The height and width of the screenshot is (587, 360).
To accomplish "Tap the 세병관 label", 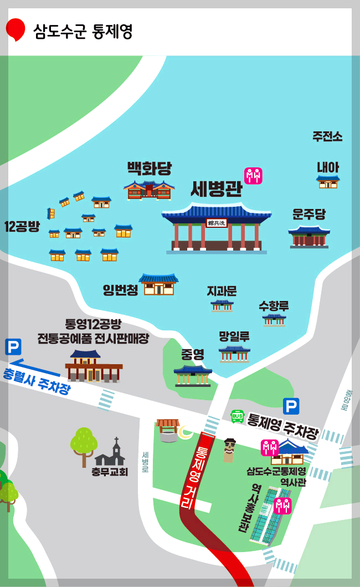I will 217,189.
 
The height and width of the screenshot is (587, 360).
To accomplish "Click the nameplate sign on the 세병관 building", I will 217,223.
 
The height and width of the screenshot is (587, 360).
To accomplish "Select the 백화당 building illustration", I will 149,190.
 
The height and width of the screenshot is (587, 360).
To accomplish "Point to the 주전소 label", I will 327,136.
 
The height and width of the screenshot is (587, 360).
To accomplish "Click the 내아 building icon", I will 328,182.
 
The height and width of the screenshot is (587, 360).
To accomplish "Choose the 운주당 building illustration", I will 309,237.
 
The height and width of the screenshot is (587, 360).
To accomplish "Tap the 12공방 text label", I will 22,226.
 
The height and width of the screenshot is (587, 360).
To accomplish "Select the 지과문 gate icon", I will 222,305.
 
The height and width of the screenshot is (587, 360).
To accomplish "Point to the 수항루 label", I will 274,305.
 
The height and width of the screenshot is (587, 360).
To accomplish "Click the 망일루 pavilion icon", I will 234,354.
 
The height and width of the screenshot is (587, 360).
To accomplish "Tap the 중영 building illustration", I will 193,375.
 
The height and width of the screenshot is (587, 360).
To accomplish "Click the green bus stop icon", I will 237,416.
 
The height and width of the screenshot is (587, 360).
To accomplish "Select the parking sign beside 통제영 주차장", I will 291,406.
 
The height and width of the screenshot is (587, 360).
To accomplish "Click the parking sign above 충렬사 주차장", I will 13,347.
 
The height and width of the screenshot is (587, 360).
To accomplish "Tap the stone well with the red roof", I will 168,431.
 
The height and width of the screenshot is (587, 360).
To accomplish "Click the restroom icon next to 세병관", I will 253,176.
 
